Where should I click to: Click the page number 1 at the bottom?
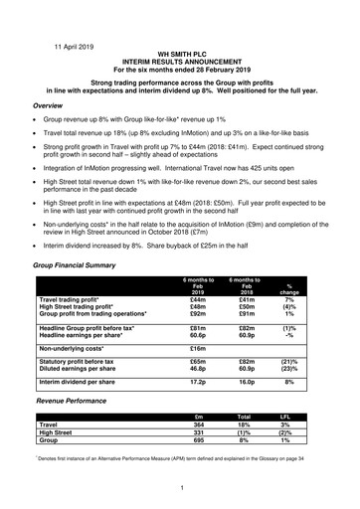tap(179, 487)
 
